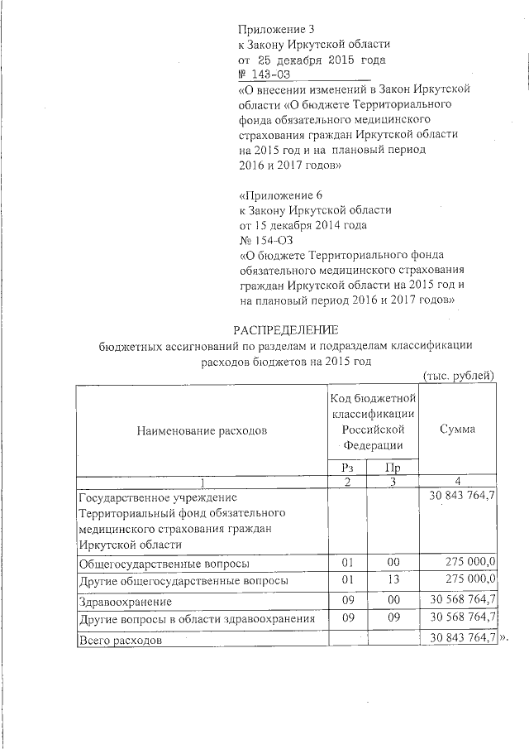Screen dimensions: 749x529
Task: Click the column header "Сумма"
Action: click(x=457, y=430)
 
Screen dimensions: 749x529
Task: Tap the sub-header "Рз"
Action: click(x=347, y=468)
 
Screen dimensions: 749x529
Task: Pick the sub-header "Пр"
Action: click(x=393, y=468)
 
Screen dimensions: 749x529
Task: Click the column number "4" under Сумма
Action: click(x=457, y=482)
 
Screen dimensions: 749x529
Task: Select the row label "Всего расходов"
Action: click(x=120, y=640)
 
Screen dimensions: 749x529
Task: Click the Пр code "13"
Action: click(x=393, y=580)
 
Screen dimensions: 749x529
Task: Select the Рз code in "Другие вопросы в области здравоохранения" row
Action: click(x=347, y=618)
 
